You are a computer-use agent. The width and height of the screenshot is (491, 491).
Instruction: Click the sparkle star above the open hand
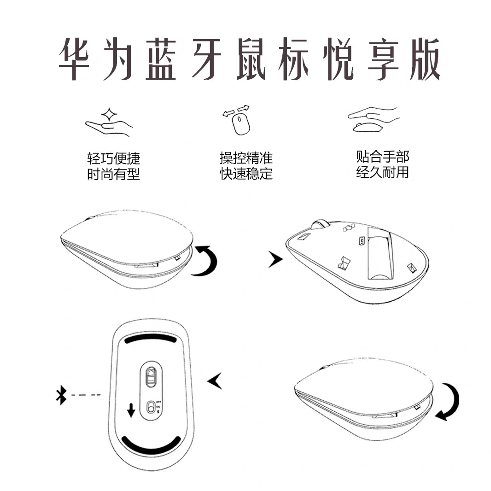pyautogui.click(x=109, y=114)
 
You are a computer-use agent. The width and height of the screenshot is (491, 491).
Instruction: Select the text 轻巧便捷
pyautogui.click(x=113, y=159)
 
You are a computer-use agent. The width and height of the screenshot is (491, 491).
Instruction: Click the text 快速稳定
pyautogui.click(x=246, y=174)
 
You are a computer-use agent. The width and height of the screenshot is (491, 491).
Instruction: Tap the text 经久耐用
pyautogui.click(x=382, y=173)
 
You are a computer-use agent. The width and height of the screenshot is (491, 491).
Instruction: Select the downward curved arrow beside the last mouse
pyautogui.click(x=448, y=402)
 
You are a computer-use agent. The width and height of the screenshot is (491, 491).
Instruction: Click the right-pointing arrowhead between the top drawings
pyautogui.click(x=275, y=260)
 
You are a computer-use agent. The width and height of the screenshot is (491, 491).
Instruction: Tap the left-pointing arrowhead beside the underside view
pyautogui.click(x=215, y=381)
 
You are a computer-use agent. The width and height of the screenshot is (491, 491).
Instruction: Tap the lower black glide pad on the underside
pyautogui.click(x=150, y=444)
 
